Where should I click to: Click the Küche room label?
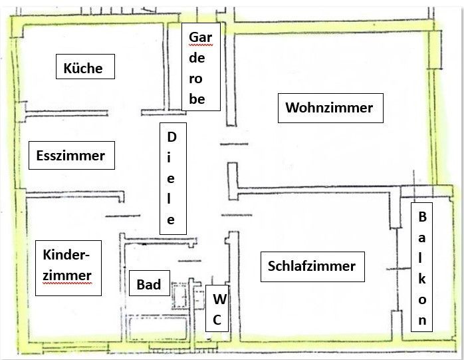click(x=83, y=68)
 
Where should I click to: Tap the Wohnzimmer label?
click(x=329, y=108)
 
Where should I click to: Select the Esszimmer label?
click(x=67, y=156)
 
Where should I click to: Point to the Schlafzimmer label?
click(x=312, y=267)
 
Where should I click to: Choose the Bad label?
click(x=149, y=285)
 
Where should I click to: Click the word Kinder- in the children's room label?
click(x=66, y=256)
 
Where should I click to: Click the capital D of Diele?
click(x=172, y=137)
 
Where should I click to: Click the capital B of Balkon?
click(x=422, y=217)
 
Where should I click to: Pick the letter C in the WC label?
click(x=217, y=321)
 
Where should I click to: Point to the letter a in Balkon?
click(x=422, y=238)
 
